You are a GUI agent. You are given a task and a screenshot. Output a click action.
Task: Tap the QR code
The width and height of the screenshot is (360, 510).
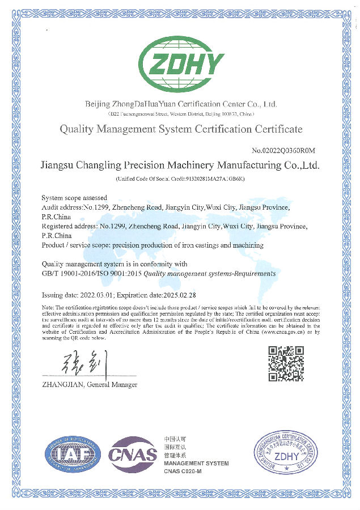285,363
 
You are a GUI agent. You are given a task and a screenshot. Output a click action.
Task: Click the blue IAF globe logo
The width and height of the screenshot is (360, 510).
74,452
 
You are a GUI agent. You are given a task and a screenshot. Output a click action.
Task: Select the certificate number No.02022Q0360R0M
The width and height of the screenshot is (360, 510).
283,150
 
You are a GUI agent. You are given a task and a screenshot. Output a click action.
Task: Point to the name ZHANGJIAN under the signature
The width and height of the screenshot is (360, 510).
62,385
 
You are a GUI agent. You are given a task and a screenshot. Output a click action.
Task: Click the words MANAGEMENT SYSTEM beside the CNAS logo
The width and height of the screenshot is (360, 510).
196,464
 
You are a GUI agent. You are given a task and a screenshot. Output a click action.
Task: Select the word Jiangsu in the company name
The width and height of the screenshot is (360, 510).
60,166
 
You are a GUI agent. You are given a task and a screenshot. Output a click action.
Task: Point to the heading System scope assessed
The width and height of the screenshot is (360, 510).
74,198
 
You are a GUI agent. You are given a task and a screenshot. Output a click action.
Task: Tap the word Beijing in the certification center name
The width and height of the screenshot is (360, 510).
97,104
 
